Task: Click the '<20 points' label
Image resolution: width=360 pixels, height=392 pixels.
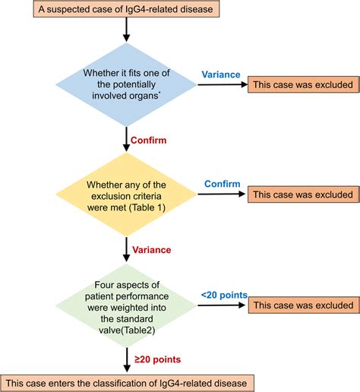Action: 223,295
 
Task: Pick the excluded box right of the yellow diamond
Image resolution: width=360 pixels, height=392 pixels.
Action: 301,194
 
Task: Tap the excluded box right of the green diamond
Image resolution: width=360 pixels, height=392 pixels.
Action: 301,305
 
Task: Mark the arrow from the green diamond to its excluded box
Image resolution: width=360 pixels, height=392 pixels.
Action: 220,305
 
